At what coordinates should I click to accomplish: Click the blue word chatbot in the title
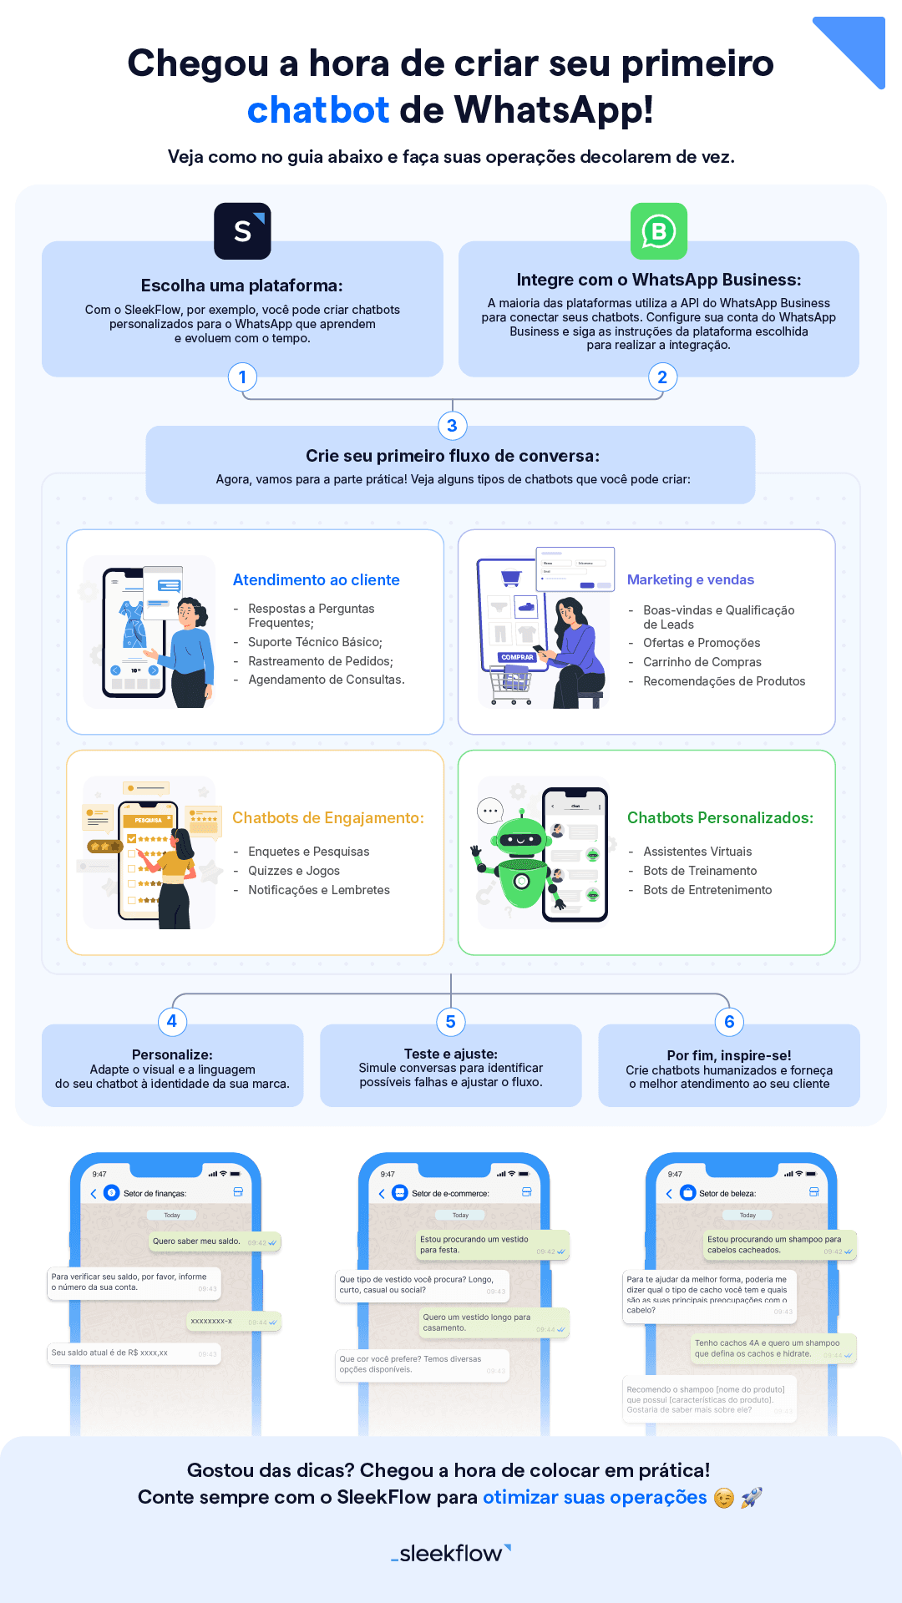[318, 110]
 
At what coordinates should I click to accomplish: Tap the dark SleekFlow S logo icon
[242, 231]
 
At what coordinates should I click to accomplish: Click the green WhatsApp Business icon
[659, 231]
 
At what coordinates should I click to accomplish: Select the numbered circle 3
[452, 426]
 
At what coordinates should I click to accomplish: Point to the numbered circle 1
[242, 377]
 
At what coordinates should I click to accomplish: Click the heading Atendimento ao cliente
[316, 580]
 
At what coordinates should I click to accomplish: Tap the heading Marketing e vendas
[690, 580]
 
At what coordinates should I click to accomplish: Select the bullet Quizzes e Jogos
[293, 871]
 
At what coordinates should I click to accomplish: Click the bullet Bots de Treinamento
[699, 871]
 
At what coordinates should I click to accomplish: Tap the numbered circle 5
[450, 1021]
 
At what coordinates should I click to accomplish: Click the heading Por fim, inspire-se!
[728, 1055]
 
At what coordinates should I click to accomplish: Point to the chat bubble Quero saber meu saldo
[196, 1241]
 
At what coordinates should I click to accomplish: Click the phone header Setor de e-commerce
[449, 1193]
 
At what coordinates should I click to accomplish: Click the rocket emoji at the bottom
[752, 1497]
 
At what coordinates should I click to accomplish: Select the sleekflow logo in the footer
[451, 1553]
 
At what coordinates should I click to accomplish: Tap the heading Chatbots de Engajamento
[327, 818]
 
